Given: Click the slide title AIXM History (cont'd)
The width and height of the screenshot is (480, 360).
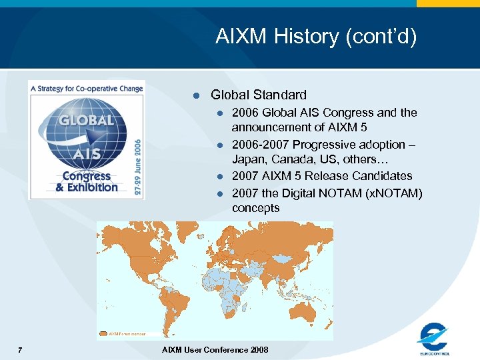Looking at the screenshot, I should tap(316, 37).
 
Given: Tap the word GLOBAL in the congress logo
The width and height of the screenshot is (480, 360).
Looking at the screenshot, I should tap(86, 121).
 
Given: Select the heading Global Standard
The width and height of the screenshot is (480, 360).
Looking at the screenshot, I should tap(259, 95).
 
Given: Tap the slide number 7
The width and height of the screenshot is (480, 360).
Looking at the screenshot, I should tap(21, 351).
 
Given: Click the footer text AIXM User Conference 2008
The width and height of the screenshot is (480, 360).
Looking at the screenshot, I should tap(215, 351).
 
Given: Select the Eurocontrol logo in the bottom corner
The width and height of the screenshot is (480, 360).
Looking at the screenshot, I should tap(434, 338).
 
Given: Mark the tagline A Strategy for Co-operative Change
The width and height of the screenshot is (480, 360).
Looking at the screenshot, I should tap(86, 88).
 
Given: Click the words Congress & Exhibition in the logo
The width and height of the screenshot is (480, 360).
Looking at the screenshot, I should tap(86, 182).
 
